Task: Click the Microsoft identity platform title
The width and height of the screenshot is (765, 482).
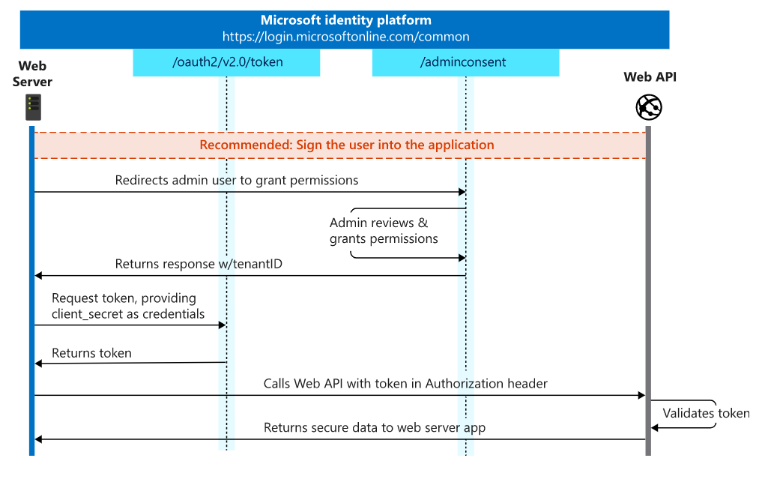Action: (345, 20)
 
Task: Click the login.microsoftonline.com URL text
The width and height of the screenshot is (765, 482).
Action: (345, 36)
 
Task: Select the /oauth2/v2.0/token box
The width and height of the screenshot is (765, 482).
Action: (226, 62)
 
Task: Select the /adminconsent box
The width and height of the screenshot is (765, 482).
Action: (465, 62)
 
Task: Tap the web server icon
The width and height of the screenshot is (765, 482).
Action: (32, 107)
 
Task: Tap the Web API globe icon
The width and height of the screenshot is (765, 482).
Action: (648, 107)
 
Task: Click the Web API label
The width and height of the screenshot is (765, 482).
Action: (650, 77)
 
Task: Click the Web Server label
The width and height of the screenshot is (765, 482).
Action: (32, 73)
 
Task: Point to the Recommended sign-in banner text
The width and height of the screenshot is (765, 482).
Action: (346, 145)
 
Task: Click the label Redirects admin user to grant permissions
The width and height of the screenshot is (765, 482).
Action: (236, 181)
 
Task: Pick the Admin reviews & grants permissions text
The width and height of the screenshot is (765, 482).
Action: (383, 231)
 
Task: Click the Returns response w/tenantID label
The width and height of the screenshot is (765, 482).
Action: (199, 264)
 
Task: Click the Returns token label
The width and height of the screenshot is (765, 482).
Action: (91, 353)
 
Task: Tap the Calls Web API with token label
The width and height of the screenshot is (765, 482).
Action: (405, 384)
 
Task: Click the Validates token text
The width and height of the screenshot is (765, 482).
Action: (705, 413)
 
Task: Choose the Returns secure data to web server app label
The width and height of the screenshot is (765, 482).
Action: (374, 427)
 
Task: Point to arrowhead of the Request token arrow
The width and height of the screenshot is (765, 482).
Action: (222, 325)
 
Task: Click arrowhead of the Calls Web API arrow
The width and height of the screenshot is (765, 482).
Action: (641, 395)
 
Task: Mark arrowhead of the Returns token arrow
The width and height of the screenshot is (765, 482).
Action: (39, 364)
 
